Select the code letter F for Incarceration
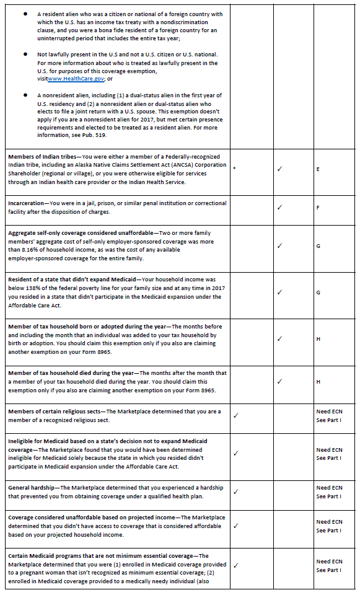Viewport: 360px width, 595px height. point(318,208)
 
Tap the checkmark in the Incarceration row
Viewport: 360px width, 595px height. point(279,207)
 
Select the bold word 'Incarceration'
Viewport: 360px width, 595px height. point(26,203)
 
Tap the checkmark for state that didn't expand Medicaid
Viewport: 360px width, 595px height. point(279,292)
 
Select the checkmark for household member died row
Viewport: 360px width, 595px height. point(279,381)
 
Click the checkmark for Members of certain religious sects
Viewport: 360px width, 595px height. point(235,415)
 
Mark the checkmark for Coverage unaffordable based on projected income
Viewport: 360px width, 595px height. point(235,526)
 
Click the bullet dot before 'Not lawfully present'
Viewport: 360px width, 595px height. point(25,55)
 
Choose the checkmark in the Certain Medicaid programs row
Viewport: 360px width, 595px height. point(235,565)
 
